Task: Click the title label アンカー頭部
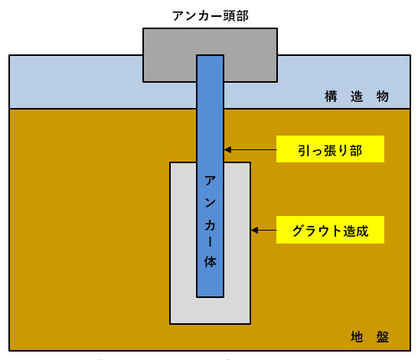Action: coord(211,16)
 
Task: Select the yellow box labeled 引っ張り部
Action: coord(330,149)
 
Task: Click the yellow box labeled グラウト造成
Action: coord(330,230)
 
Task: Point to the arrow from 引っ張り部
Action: coord(250,150)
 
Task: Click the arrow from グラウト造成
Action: coord(263,230)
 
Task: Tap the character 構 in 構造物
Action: coord(331,97)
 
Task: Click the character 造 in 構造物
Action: coord(357,97)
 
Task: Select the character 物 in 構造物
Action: coord(382,97)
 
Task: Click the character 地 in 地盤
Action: coord(357,337)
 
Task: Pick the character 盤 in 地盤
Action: coord(383,337)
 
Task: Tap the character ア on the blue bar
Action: coord(210,181)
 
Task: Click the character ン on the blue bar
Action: coord(210,203)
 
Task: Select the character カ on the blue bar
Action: coord(210,226)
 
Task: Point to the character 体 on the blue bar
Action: coord(210,262)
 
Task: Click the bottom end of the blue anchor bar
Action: coord(210,296)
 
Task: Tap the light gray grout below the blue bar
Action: coord(210,310)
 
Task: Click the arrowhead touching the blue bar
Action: coord(227,150)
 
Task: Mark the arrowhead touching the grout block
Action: coord(254,230)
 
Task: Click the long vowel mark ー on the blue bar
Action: coord(210,242)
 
